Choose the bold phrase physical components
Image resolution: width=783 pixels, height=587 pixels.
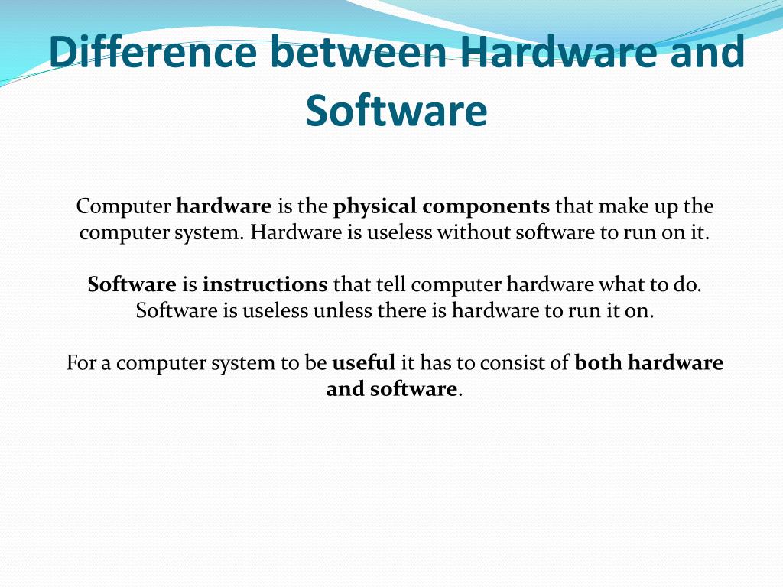click(441, 206)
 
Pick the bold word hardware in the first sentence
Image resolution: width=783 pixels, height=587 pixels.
click(224, 206)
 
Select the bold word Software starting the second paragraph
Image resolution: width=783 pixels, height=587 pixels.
click(132, 285)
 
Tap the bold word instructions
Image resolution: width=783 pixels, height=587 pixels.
click(265, 285)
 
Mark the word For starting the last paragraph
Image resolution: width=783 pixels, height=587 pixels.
click(79, 363)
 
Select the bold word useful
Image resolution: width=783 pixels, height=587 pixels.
click(363, 363)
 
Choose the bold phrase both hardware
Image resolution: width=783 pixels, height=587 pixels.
click(648, 363)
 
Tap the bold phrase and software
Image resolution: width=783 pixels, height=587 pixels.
click(391, 389)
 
